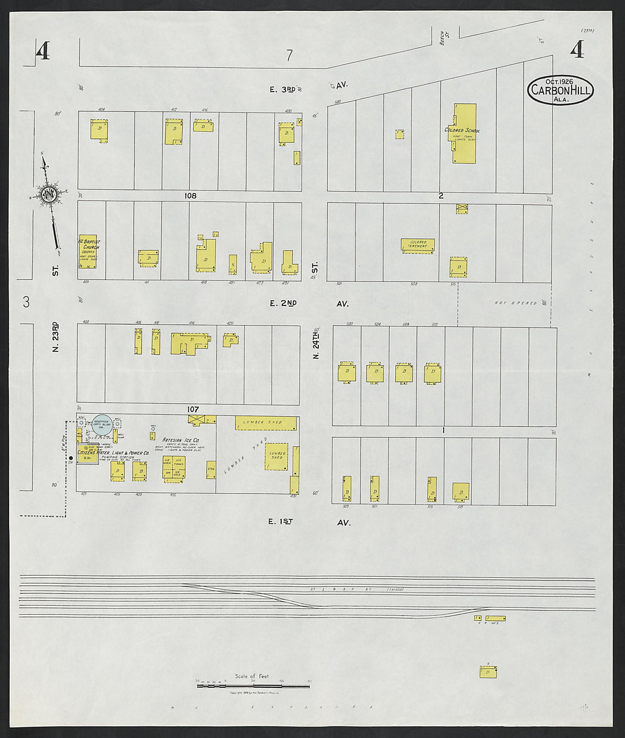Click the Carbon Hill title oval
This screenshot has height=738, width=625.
(x=560, y=90)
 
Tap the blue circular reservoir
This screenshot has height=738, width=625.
(x=102, y=425)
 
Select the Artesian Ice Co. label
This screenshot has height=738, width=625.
(x=180, y=440)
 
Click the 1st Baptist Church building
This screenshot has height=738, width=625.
(x=88, y=251)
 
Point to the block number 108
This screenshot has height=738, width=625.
(x=190, y=196)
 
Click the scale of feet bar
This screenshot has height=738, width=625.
(x=253, y=686)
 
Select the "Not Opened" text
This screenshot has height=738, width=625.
(x=515, y=303)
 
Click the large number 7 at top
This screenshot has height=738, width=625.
(x=289, y=55)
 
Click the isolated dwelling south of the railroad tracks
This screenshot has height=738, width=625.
(x=488, y=672)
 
